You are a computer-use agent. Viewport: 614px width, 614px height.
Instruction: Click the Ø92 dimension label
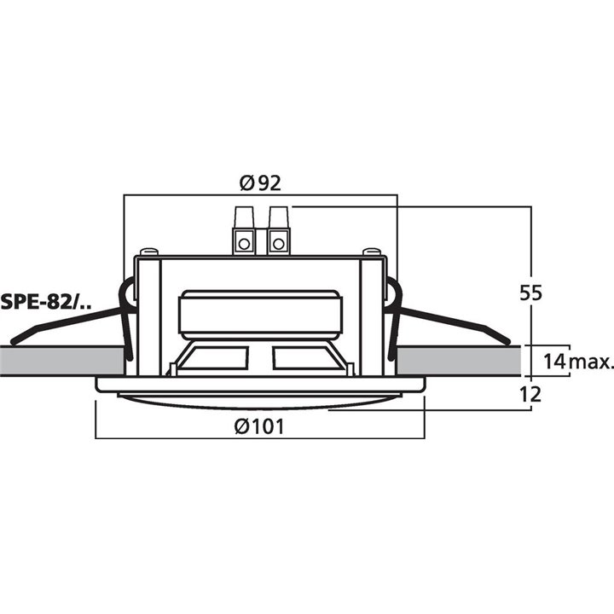[x=260, y=182]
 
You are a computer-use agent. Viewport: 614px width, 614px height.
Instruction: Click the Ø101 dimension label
[x=260, y=426]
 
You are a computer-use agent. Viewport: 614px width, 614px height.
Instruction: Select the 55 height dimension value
[x=531, y=292]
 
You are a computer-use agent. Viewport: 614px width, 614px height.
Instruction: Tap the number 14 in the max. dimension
[x=554, y=362]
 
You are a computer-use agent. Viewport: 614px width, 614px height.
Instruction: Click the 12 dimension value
[x=531, y=393]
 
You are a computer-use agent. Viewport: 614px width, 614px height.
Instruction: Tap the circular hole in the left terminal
[x=244, y=244]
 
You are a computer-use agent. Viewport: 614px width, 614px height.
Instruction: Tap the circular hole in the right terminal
[x=278, y=244]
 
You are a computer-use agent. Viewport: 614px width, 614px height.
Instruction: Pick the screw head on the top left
[x=150, y=251]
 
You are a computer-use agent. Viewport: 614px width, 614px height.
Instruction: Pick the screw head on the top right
[x=371, y=251]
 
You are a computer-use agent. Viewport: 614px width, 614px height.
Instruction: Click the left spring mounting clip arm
[x=68, y=323]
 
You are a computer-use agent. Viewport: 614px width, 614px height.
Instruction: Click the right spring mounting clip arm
[x=452, y=323]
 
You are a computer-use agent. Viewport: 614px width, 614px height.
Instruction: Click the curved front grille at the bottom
[x=260, y=400]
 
